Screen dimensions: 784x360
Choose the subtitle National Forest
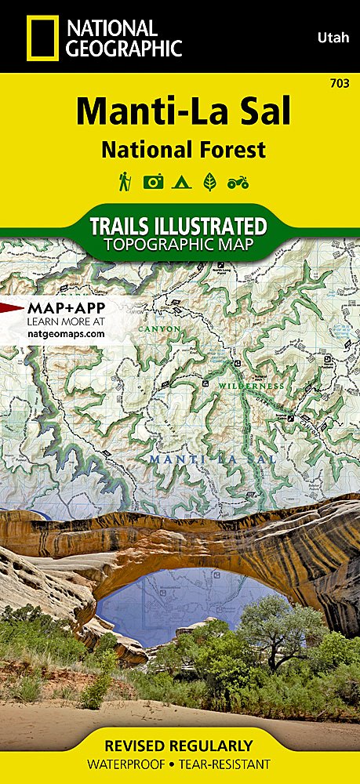coord(182,149)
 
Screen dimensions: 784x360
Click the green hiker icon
coord(124,183)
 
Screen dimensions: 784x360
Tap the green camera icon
coord(153,183)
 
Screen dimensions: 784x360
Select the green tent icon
coord(181,183)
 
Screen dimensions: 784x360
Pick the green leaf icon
coord(209,183)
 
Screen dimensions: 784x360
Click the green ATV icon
coord(237,183)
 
